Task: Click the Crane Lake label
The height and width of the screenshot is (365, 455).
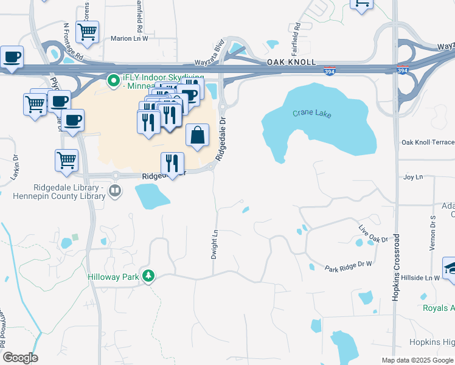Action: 310,114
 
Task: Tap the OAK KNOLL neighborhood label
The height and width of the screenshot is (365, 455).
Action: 291,63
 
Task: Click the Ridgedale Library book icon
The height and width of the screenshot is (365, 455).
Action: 114,192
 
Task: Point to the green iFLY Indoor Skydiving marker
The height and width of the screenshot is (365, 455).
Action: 113,80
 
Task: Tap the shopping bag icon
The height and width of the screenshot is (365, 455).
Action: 198,135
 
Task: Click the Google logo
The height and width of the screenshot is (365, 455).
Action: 20,358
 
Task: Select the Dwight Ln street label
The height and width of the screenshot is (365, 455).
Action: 214,244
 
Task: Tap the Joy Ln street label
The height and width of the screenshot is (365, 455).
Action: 413,177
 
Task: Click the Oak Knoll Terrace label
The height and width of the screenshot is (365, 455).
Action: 428,142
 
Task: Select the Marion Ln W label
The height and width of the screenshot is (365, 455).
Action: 129,38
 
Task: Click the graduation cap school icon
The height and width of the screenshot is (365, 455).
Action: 451,268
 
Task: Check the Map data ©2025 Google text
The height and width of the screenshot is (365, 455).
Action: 417,360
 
